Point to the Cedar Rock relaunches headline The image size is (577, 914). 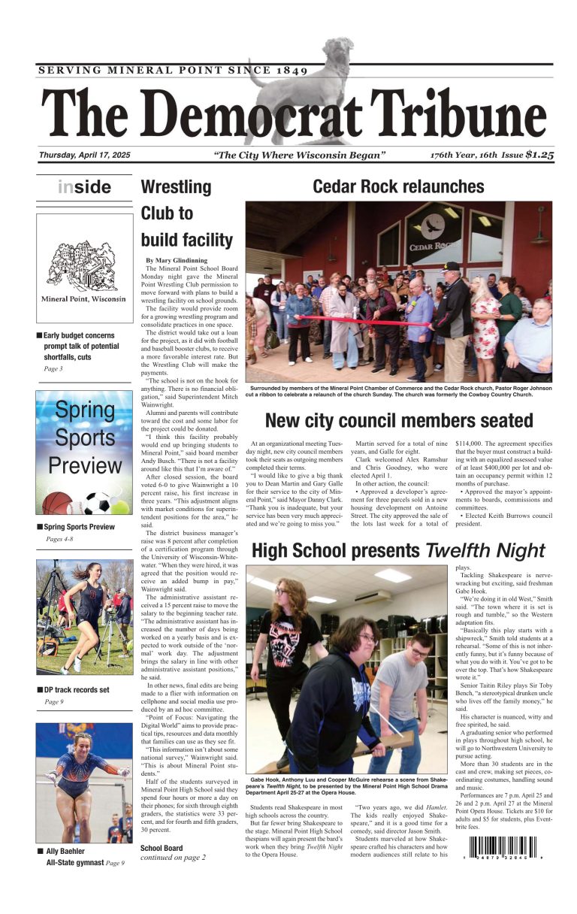(x=398, y=186)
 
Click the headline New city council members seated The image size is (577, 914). (x=399, y=419)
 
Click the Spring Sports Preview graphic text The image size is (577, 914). (x=84, y=438)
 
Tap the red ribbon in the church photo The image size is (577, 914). (x=353, y=320)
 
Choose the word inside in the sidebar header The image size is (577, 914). (x=84, y=187)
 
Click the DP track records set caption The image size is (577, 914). (x=77, y=689)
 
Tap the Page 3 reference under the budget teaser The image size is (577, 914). (x=53, y=368)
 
